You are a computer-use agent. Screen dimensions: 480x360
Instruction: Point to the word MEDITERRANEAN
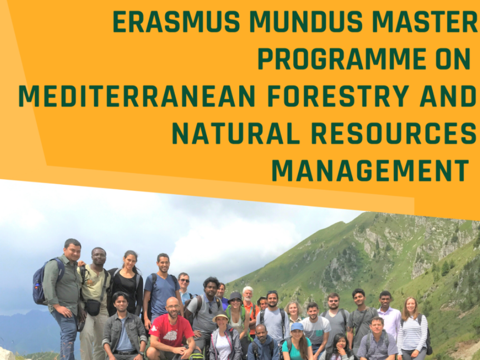click(137, 96)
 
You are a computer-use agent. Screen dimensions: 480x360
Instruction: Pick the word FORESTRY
click(339, 96)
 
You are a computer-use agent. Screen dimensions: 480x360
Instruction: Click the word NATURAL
click(236, 134)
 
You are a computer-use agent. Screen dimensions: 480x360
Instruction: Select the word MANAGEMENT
click(370, 170)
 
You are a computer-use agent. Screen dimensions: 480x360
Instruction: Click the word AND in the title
click(448, 96)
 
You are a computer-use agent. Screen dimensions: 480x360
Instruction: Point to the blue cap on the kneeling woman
click(296, 327)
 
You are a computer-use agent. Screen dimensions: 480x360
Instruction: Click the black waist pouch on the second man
click(92, 307)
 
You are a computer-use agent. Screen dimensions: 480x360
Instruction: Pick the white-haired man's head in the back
click(248, 294)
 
